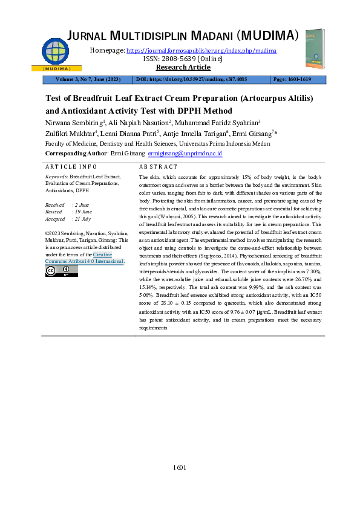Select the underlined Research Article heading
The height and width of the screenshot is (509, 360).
pos(179,67)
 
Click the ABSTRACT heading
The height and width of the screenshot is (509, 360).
pos(159,167)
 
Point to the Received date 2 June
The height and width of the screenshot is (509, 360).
pos(80,206)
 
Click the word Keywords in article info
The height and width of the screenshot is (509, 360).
pos(56,176)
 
